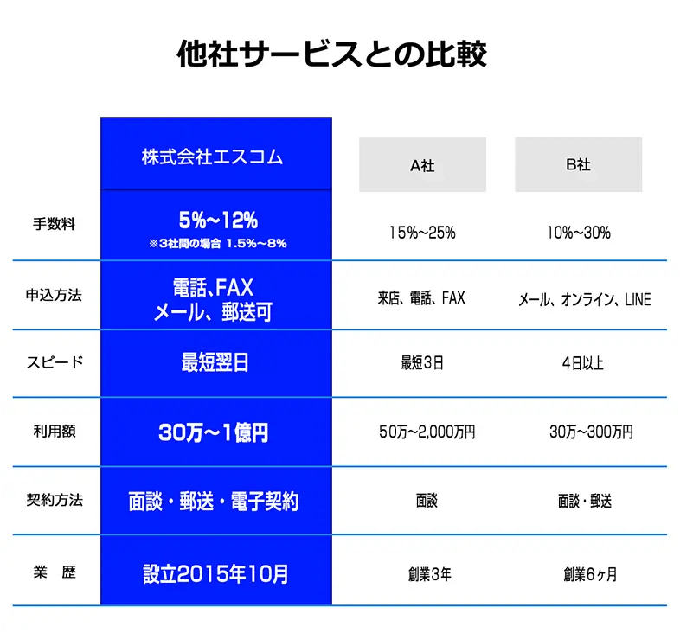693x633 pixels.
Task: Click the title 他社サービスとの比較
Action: (x=332, y=54)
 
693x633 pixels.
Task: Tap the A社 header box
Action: (x=422, y=164)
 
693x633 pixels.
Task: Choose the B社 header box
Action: (x=578, y=164)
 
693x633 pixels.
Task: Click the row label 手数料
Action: (x=54, y=225)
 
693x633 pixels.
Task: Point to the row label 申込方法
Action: (x=54, y=294)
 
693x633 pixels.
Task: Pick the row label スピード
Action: (x=54, y=362)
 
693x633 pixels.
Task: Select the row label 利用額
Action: (x=54, y=431)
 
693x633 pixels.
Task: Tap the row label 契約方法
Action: (x=54, y=500)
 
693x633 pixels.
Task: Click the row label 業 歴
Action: (x=54, y=572)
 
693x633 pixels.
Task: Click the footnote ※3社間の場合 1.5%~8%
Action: (x=217, y=244)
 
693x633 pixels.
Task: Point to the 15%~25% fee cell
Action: (x=422, y=232)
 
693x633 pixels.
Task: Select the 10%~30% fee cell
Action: (x=578, y=232)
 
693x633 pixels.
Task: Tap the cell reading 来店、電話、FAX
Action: (x=422, y=298)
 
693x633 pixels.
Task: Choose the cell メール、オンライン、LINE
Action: (x=584, y=300)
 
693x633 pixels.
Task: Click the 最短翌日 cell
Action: (x=215, y=362)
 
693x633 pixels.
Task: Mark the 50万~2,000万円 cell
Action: (x=427, y=432)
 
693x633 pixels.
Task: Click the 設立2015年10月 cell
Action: (x=215, y=572)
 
